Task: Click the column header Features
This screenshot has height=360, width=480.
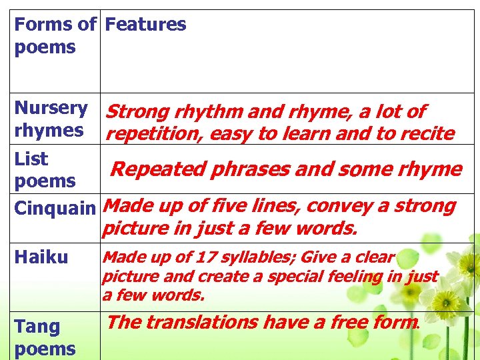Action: click(145, 25)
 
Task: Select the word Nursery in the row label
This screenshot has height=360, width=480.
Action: click(51, 108)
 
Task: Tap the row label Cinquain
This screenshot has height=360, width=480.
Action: click(55, 208)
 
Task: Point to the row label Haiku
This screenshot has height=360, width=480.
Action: click(41, 257)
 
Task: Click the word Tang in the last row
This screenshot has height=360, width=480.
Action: click(37, 327)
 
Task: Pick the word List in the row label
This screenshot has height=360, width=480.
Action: click(31, 159)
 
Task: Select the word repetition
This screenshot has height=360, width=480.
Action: click(154, 134)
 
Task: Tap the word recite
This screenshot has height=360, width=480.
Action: click(427, 134)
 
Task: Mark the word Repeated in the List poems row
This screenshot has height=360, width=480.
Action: click(157, 169)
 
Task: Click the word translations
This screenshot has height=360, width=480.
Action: click(202, 323)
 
